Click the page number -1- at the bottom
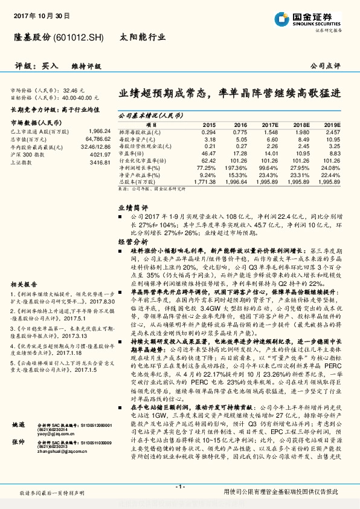tap(179, 487)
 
